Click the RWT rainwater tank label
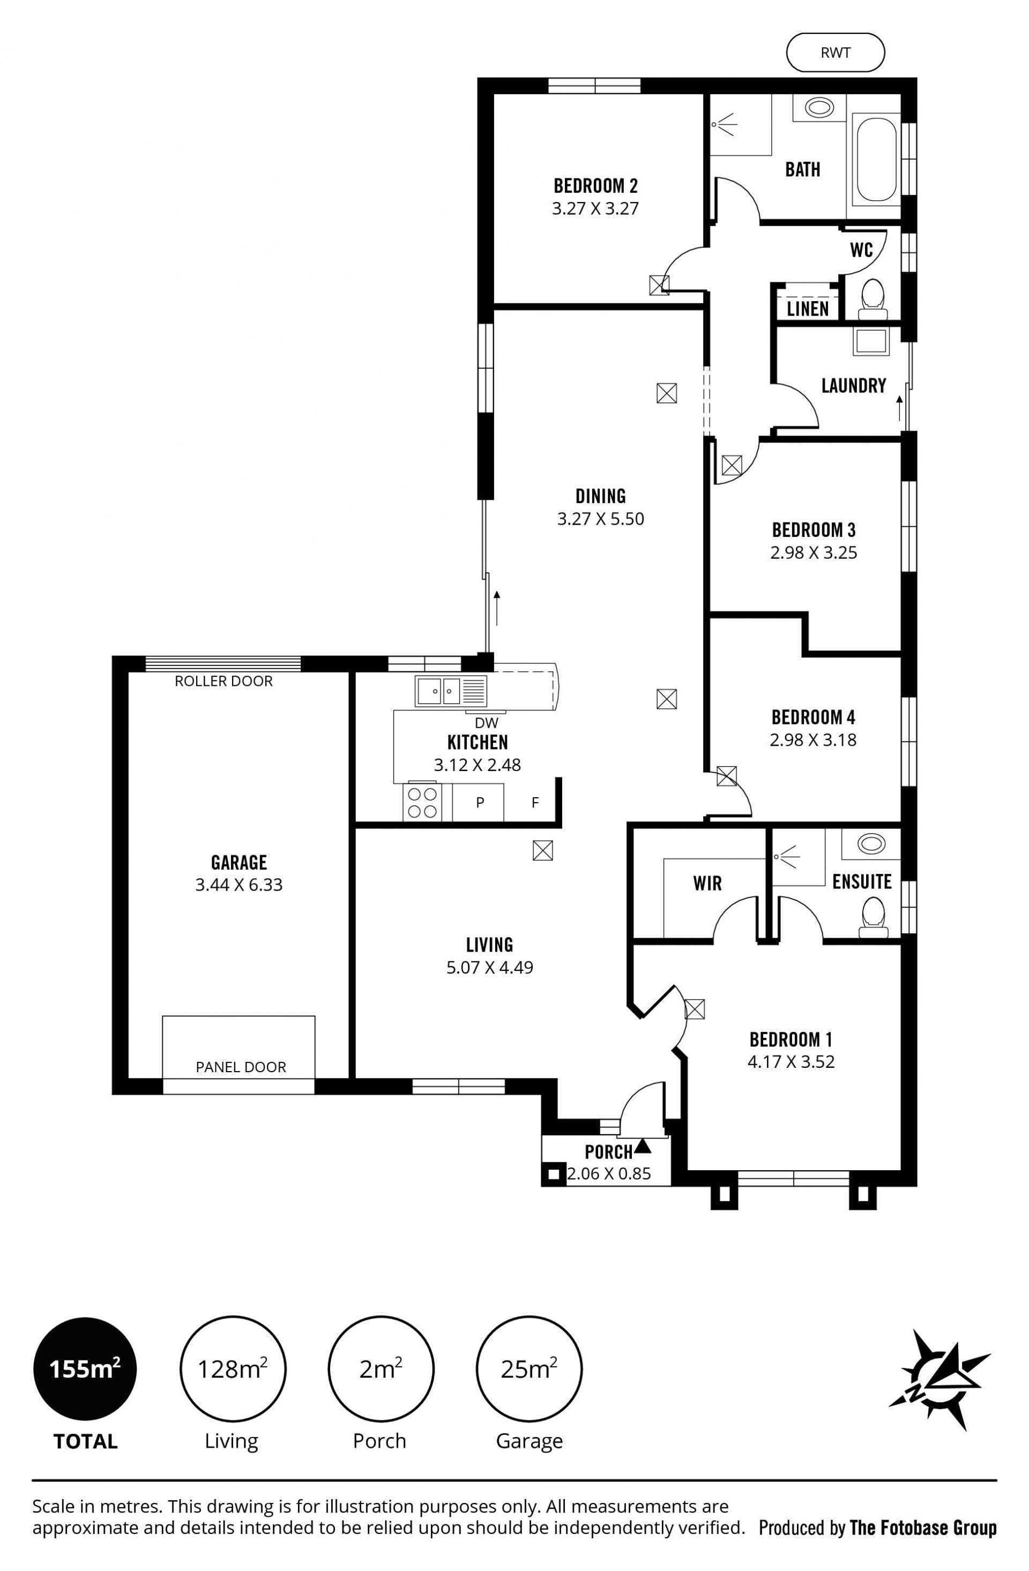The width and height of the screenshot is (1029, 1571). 835,53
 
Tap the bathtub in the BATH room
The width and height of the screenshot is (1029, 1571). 876,159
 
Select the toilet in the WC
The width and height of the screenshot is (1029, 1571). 873,297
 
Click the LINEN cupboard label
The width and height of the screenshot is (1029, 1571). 807,309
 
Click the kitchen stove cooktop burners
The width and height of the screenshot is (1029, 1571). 422,802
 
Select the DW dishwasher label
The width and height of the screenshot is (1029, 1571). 487,723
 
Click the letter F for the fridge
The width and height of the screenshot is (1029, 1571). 535,803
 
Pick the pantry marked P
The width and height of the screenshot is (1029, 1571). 480,803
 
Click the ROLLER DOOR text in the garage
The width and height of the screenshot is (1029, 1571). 223,681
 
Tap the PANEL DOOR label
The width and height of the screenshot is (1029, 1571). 241,1067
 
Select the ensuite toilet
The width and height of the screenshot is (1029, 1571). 873,917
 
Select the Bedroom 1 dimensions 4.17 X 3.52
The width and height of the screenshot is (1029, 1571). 791,1062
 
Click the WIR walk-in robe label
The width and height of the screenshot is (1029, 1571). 707,883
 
